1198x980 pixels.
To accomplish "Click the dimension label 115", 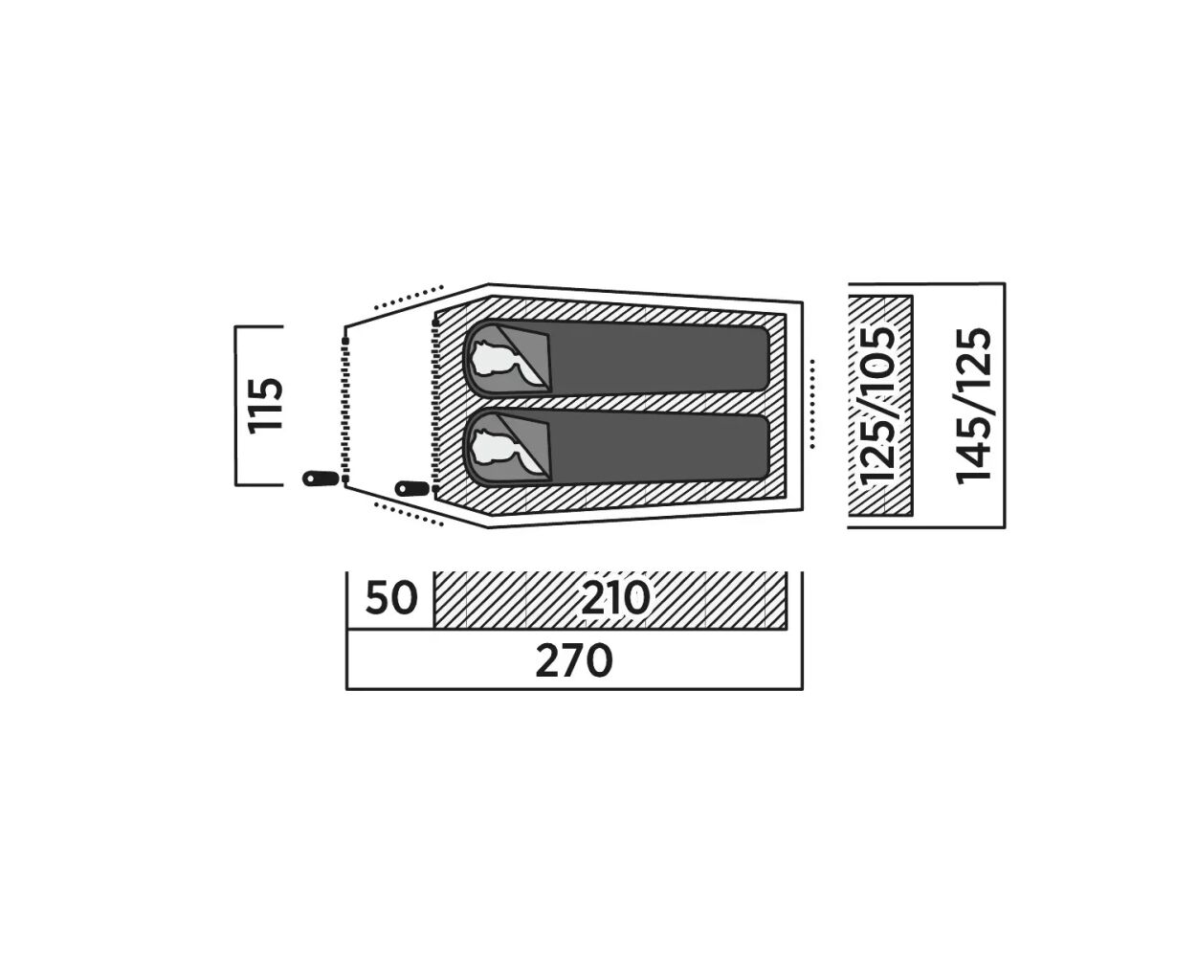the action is pos(266,405).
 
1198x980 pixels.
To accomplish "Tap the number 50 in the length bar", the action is pos(391,597).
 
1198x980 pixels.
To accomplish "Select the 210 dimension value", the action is pos(615,597).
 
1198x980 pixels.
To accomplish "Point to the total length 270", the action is pos(574,660).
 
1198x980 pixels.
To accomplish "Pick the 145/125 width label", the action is pos(974,406).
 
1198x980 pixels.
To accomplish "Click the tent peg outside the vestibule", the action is pos(321,478).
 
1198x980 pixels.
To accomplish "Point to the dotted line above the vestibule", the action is pos(409,297).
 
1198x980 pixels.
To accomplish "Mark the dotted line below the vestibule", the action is pos(409,514).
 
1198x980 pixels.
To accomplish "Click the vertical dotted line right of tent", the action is pos(813,404).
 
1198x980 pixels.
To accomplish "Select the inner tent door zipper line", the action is pos(435,406).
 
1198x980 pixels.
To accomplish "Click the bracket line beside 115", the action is pos(235,406).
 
